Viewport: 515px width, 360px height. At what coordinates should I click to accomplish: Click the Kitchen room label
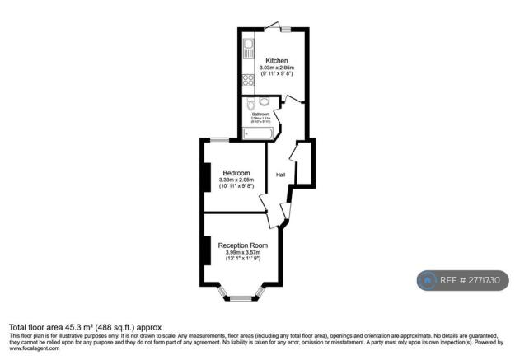(276, 60)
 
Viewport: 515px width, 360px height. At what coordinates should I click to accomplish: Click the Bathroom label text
(261, 114)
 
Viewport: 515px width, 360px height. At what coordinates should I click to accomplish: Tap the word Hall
(280, 175)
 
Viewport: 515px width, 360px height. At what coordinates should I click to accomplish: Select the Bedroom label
(236, 172)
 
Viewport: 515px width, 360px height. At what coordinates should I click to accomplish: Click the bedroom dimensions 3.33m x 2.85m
(236, 180)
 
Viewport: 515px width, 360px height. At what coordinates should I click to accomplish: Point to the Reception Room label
(242, 245)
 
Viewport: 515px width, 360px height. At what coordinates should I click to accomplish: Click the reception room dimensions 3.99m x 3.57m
(242, 253)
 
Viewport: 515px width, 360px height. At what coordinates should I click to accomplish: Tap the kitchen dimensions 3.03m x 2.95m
(276, 67)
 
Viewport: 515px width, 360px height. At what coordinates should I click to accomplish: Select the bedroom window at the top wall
(219, 139)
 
